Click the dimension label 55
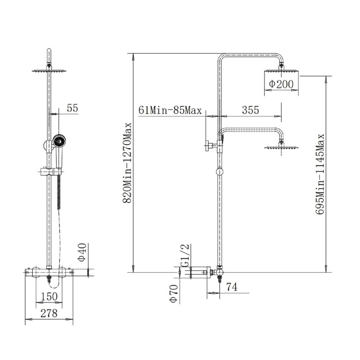[x=72, y=108]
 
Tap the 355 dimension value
[x=250, y=110]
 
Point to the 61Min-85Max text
[x=169, y=110]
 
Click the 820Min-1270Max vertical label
[x=128, y=164]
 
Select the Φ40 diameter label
[x=82, y=252]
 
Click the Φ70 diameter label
[x=173, y=293]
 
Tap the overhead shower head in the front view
[x=49, y=71]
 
